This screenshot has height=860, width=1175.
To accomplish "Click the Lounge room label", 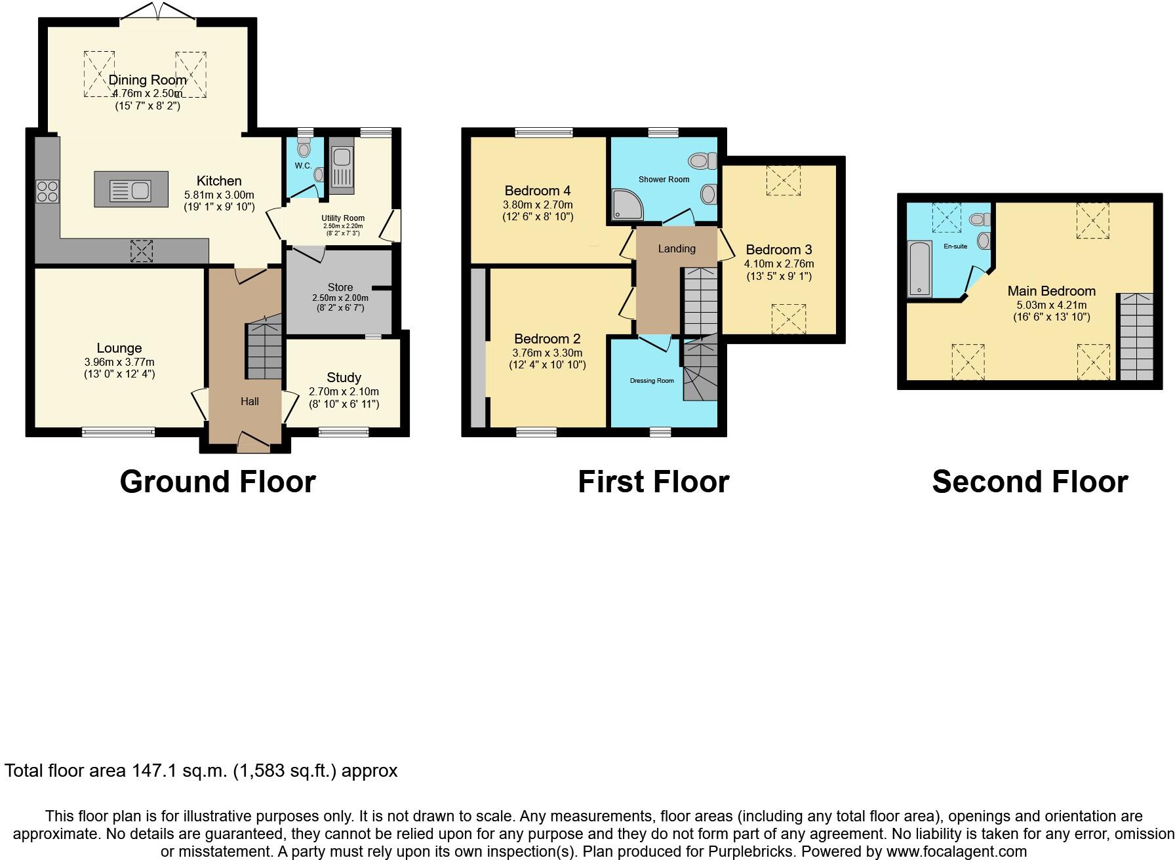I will point(119,348).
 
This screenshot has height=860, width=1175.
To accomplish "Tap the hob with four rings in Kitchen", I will point(47,191).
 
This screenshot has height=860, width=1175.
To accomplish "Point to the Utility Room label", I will point(342,218).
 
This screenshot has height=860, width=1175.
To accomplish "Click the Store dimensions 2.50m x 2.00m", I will point(340,298).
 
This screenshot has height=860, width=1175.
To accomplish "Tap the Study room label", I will point(344,378).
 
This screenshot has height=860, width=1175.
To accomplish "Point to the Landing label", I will point(676,248).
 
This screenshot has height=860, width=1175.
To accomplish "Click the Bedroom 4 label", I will point(537,191).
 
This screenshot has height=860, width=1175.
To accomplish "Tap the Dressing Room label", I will point(651,381).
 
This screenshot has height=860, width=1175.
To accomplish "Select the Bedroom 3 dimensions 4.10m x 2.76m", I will point(780,264).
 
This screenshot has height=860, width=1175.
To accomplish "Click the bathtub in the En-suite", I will point(919,269).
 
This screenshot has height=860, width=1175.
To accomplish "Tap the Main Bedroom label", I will point(1051,291).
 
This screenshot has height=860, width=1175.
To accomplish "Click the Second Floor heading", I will point(1029,482).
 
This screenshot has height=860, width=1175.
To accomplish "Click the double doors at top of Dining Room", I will point(158,12).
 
